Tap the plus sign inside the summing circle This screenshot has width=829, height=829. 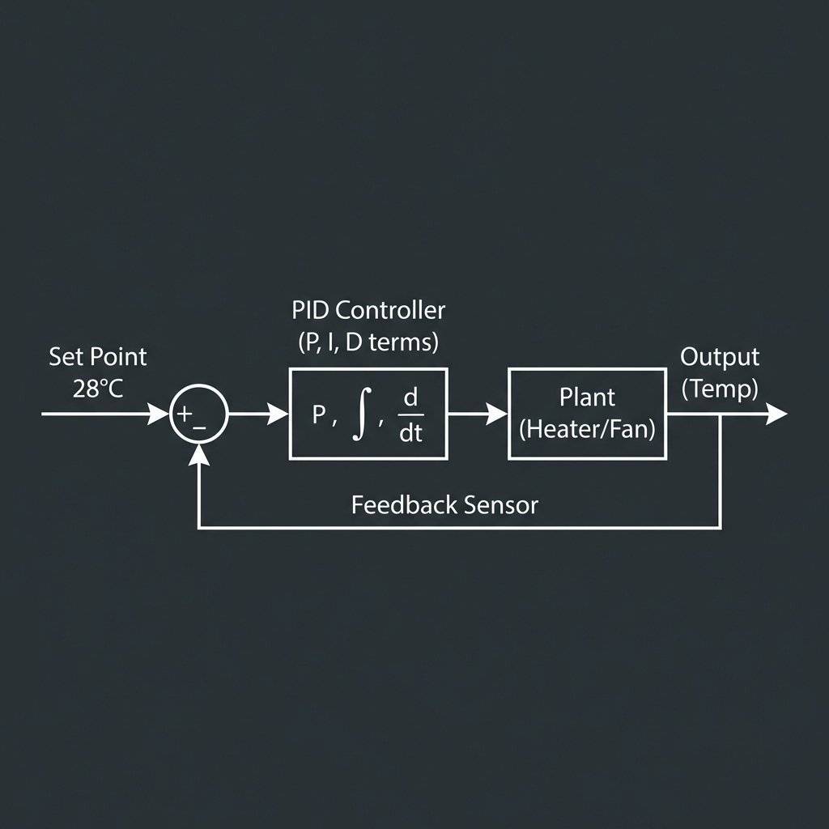tap(185, 413)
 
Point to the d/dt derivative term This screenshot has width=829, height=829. tap(410, 414)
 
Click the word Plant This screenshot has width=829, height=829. tap(587, 397)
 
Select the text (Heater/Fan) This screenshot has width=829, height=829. tap(587, 428)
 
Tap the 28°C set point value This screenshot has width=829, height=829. tap(98, 389)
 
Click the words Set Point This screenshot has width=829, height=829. tap(98, 356)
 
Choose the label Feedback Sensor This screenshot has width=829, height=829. tap(444, 506)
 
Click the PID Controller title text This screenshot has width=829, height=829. tap(368, 310)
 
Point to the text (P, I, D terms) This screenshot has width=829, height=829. tap(368, 342)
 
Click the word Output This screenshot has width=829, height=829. tap(720, 357)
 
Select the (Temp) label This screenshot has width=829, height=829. tap(720, 389)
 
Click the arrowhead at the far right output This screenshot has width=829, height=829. tap(776, 414)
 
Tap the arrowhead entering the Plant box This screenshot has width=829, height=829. tap(498, 414)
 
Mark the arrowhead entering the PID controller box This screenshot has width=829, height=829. tap(279, 414)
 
